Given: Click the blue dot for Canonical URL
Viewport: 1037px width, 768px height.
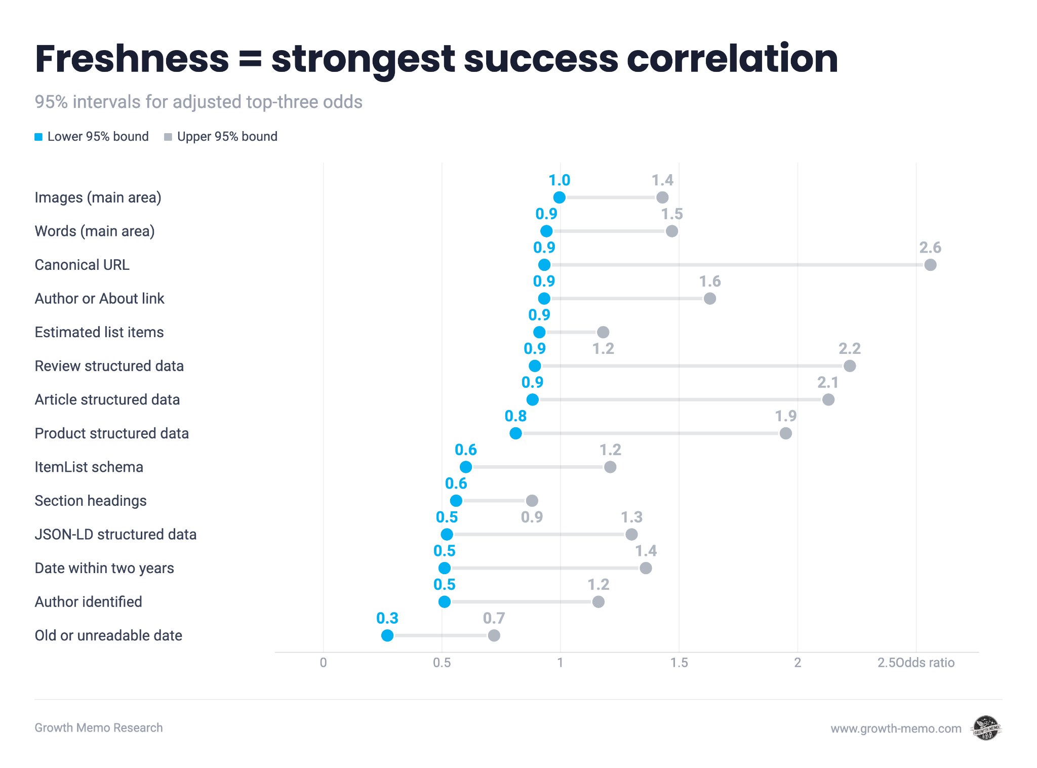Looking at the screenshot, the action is (544, 265).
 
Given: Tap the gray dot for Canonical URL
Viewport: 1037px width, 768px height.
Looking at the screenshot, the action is (930, 265).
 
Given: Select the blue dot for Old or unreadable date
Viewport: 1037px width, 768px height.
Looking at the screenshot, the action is (387, 635).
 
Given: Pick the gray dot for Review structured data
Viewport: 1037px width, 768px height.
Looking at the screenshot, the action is (850, 366).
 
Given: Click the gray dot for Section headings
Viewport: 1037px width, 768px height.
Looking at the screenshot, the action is (532, 501).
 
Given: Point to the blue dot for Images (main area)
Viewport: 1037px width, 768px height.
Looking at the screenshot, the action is (559, 197).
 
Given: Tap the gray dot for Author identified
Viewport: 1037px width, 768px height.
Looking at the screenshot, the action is (598, 601).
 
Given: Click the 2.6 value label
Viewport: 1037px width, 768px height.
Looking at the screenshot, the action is (930, 248).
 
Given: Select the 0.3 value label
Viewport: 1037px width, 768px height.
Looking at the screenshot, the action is (387, 618).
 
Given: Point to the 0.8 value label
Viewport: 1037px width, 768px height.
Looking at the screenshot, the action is (515, 416).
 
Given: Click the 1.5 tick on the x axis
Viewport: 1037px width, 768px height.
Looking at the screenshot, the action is (679, 663).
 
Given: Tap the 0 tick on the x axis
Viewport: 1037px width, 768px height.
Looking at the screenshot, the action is (324, 663).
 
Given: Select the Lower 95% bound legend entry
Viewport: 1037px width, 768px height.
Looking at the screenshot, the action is (92, 137).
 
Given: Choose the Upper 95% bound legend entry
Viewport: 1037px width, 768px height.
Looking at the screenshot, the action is (221, 137).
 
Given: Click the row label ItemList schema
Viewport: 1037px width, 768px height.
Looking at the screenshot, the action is (89, 467).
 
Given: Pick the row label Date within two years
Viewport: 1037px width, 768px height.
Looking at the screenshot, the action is (104, 568).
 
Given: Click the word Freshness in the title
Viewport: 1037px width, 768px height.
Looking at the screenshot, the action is (132, 59).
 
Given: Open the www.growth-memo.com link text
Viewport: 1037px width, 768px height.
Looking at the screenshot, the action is (896, 729).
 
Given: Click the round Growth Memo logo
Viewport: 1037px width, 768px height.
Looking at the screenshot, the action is (986, 728).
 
